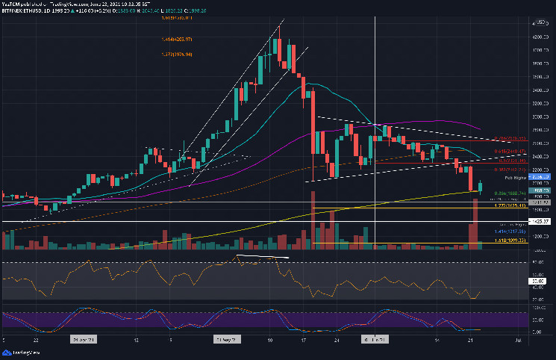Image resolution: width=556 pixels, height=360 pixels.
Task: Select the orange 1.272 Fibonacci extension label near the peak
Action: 176,54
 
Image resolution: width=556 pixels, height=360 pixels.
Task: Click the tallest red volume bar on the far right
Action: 473,221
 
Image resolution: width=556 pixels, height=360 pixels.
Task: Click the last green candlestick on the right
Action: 481,186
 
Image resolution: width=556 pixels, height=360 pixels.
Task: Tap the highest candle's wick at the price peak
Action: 278,31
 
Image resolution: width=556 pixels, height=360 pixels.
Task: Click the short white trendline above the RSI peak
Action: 262,258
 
